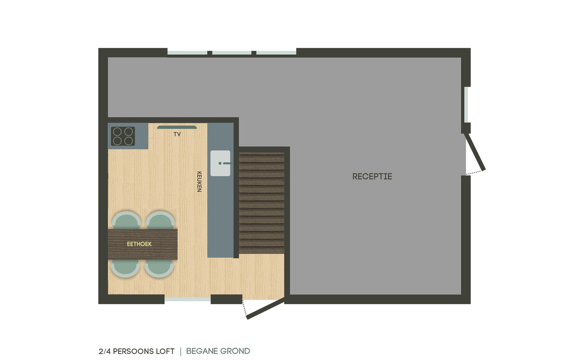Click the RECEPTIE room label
(x=372, y=176)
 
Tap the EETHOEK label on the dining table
(x=139, y=244)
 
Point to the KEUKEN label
(x=199, y=181)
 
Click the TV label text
(x=177, y=134)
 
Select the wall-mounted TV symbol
(x=177, y=127)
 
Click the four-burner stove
(x=123, y=136)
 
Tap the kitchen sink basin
(x=220, y=163)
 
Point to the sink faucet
(x=226, y=163)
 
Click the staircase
(x=262, y=203)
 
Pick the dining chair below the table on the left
(x=125, y=268)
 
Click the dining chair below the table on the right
(x=159, y=268)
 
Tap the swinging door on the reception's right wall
(x=475, y=152)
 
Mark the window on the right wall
(x=466, y=105)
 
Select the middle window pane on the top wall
(x=232, y=53)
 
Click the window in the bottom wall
(x=187, y=299)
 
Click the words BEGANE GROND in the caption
(x=218, y=351)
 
